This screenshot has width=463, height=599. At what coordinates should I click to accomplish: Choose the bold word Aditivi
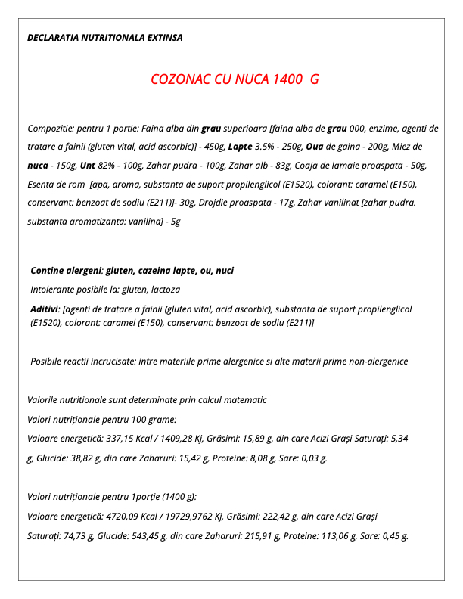(45, 309)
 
